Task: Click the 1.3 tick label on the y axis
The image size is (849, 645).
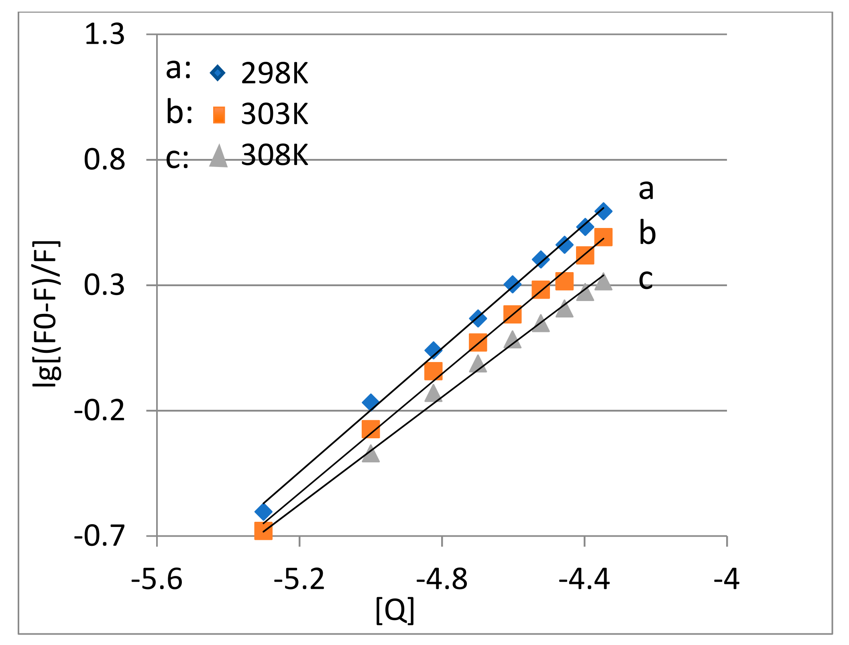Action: [x=104, y=35]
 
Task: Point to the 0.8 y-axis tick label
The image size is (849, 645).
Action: [x=104, y=160]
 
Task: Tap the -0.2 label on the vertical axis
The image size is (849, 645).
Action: [x=100, y=411]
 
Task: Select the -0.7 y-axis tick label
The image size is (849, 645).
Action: [x=100, y=536]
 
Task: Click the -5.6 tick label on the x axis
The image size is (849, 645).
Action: [x=157, y=580]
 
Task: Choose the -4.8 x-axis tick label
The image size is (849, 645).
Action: [x=442, y=580]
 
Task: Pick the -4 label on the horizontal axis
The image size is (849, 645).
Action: [x=727, y=580]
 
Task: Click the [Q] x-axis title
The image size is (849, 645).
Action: [x=395, y=610]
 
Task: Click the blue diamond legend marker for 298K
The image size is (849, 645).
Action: [x=218, y=73]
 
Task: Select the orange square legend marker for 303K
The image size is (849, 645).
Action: [x=219, y=115]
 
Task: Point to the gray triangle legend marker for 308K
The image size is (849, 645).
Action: [x=218, y=157]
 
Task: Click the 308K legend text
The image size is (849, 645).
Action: [x=275, y=155]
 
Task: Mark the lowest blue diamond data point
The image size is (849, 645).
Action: [x=263, y=511]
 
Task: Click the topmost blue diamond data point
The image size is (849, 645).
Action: [x=603, y=211]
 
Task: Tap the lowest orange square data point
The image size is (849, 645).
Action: [x=263, y=531]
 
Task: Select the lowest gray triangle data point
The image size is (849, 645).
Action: [x=371, y=454]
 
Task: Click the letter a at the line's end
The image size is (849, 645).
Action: [x=646, y=189]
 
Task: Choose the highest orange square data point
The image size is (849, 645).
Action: [x=603, y=237]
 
